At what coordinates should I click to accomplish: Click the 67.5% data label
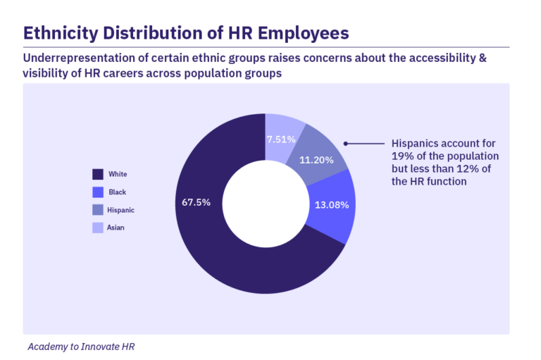point(197,202)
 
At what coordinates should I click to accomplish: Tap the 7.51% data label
point(281,139)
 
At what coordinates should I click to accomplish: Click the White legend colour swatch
point(99,174)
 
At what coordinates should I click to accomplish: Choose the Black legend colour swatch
point(99,192)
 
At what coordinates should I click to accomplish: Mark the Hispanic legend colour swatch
point(99,209)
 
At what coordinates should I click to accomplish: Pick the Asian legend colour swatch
point(99,227)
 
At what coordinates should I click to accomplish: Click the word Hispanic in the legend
point(120,210)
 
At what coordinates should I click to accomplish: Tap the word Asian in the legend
point(116,228)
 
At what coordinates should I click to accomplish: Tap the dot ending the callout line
point(345,143)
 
